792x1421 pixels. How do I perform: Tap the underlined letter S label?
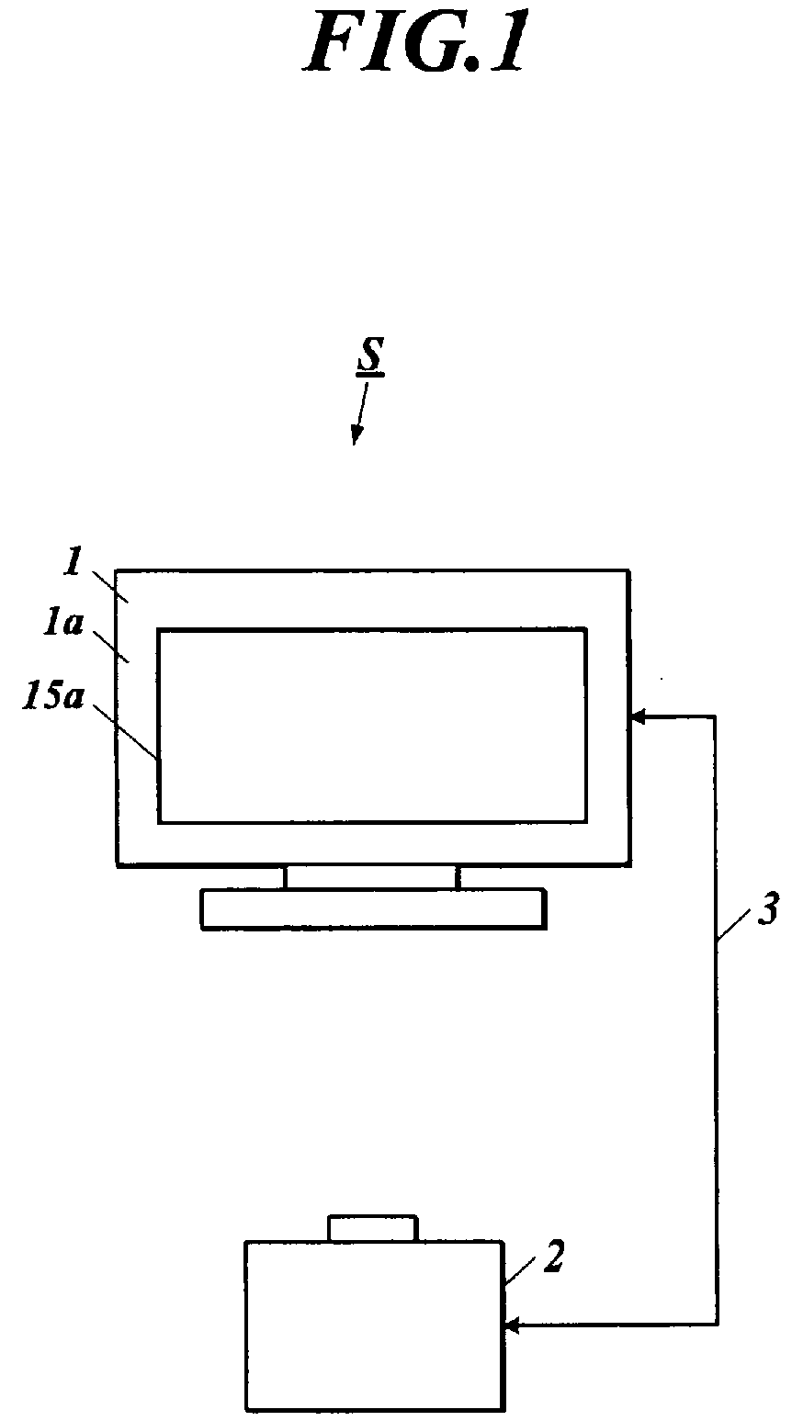(371, 356)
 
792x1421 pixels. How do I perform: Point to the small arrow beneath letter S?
(360, 413)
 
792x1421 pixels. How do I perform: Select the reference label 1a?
(62, 625)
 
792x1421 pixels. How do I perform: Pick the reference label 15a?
(52, 696)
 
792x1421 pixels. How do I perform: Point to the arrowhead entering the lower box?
(513, 1324)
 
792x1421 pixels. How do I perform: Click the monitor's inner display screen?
(372, 726)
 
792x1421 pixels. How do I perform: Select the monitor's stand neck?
(372, 877)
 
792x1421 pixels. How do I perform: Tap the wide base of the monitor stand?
(373, 909)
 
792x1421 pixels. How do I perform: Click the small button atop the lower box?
(372, 1227)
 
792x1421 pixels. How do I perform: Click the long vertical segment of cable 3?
(717, 1021)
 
